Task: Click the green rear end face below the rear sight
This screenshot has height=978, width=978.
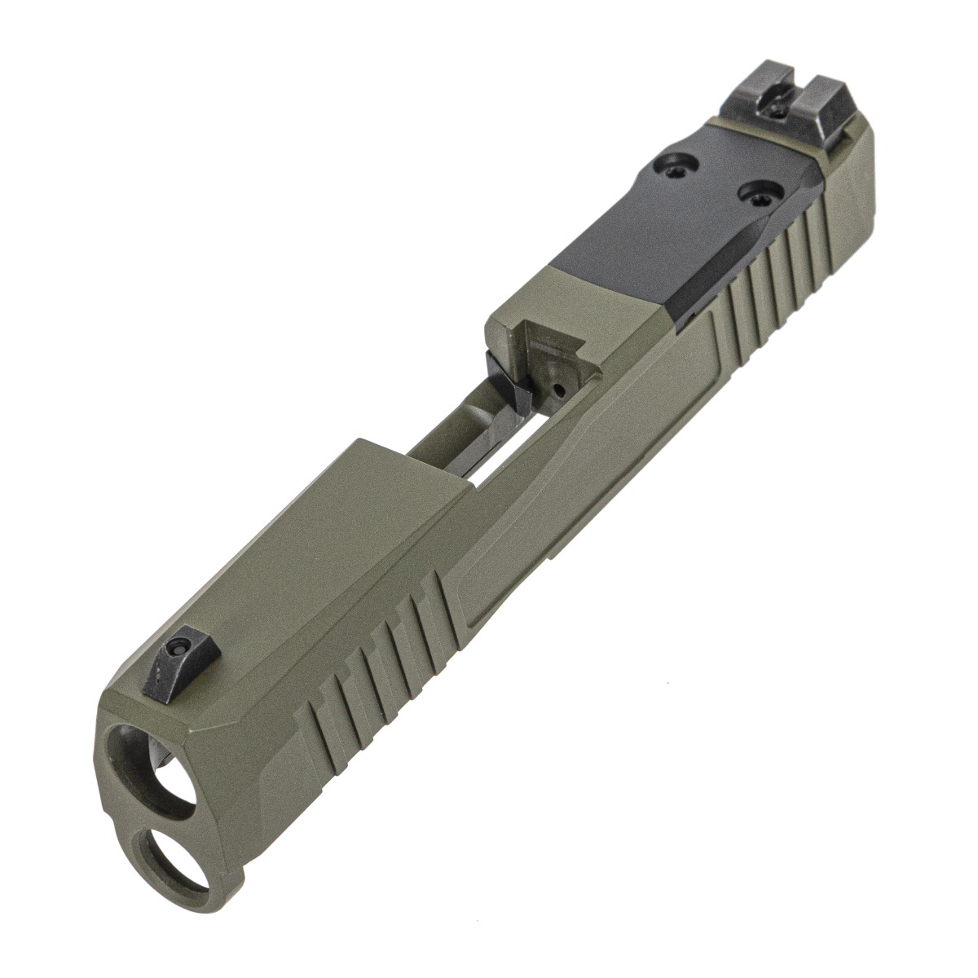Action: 864,163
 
